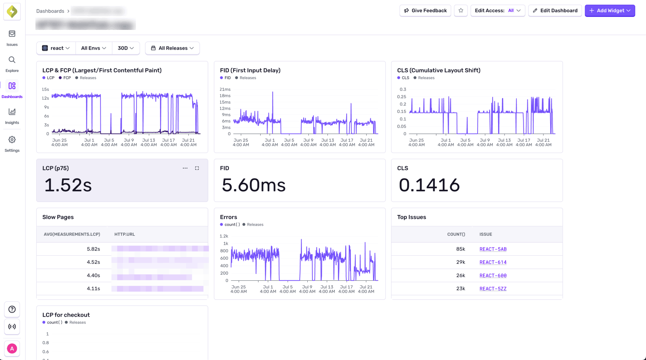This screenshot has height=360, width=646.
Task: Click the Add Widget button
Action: (610, 11)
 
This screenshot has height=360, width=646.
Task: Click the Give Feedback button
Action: (425, 11)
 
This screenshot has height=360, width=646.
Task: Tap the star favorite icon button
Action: (461, 11)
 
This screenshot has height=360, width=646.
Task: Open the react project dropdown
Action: (56, 48)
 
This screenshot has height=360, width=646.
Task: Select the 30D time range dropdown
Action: (126, 48)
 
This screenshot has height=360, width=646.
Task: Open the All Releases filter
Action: (172, 48)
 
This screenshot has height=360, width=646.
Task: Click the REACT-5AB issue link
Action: (493, 249)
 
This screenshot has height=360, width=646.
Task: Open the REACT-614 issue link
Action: (493, 262)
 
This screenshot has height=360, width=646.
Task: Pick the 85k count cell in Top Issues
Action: (460, 249)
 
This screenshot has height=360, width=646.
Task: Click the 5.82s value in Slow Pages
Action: (93, 249)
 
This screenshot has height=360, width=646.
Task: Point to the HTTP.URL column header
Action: (125, 234)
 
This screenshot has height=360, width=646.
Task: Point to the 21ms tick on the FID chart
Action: (225, 89)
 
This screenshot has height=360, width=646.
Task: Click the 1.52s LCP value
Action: (68, 185)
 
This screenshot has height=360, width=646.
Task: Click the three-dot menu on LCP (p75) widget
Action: (185, 168)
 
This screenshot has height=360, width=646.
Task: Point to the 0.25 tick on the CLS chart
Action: (401, 97)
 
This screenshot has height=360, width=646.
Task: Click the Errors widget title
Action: (228, 217)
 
